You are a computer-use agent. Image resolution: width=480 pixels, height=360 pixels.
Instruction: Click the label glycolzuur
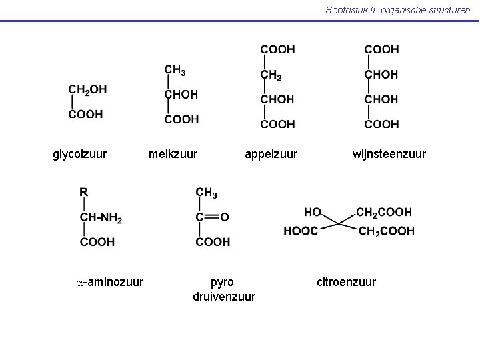79,154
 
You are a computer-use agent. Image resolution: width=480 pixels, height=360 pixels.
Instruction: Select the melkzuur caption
173,154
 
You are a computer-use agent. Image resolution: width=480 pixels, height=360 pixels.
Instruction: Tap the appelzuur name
271,154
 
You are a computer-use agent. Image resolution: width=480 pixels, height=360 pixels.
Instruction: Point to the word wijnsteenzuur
389,154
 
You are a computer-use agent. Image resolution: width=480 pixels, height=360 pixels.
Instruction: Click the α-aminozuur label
109,282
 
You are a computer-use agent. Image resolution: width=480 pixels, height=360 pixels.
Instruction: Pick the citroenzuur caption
346,282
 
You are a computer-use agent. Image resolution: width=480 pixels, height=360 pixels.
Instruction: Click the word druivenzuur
224,296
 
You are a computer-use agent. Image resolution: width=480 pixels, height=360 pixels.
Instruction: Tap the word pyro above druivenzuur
222,283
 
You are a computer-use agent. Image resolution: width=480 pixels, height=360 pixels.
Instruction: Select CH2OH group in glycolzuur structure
87,90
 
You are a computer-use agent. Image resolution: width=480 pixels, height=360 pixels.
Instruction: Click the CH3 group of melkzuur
175,70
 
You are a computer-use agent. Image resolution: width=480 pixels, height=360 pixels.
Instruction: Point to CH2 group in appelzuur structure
271,75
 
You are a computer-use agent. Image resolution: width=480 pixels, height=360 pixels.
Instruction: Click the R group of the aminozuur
83,192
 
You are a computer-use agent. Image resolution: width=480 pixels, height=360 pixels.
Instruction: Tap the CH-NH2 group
101,217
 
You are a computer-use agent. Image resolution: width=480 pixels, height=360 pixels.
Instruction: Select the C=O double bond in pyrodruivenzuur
211,217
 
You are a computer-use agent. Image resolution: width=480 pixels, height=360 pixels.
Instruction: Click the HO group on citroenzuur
313,212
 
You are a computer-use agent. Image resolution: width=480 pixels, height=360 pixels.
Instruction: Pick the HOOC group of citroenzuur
301,231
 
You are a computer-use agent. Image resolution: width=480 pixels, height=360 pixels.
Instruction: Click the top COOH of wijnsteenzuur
381,49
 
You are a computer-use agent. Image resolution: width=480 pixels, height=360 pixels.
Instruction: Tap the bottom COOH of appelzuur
277,124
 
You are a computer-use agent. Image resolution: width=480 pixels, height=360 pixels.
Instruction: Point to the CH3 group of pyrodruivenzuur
206,193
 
